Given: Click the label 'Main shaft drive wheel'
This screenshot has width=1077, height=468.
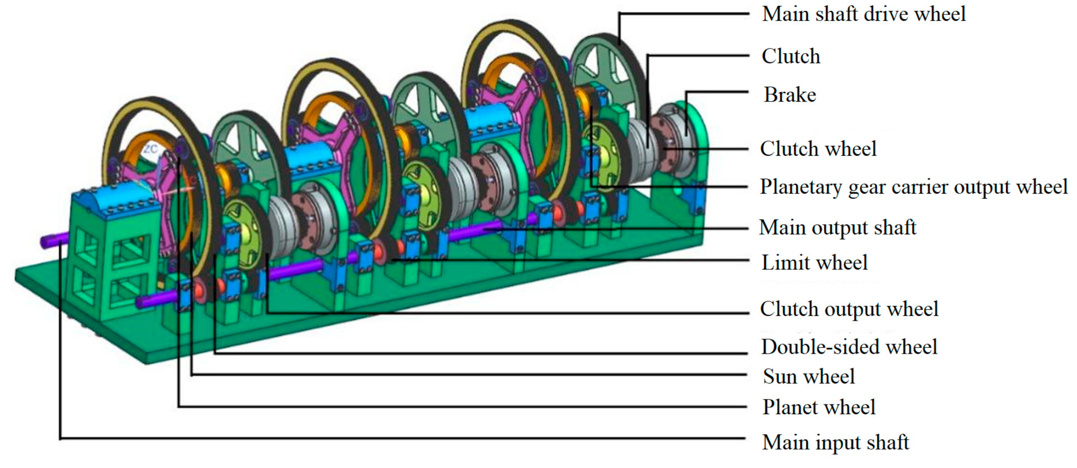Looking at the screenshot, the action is [x=864, y=14].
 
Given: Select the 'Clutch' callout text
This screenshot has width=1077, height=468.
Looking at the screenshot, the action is [x=791, y=57].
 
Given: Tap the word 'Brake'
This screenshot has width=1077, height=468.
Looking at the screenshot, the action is [x=790, y=95].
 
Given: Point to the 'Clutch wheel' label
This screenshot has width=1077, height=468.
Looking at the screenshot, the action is [x=818, y=149].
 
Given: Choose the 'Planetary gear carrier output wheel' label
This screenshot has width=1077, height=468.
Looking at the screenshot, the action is [x=914, y=187].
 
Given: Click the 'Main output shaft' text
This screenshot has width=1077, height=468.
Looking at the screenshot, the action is [x=838, y=227].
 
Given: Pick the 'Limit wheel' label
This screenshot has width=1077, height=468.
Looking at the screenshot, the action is [x=814, y=263].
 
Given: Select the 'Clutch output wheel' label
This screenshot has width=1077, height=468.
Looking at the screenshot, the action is [x=849, y=309].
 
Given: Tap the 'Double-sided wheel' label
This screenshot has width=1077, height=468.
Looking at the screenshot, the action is [x=849, y=347].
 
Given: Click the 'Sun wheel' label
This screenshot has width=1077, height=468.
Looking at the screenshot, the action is [x=809, y=377].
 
